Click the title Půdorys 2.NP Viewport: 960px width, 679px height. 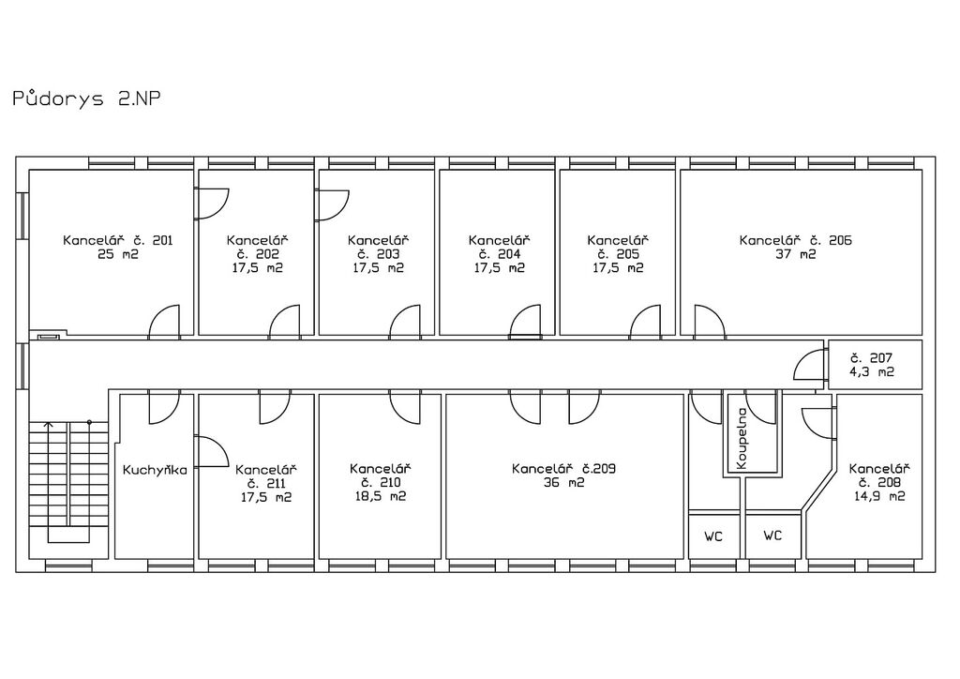click(x=86, y=98)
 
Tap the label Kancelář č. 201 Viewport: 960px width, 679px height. click(x=117, y=240)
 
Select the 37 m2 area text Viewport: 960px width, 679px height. click(x=795, y=254)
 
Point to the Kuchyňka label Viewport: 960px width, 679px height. click(x=155, y=470)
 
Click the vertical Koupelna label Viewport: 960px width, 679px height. click(x=742, y=439)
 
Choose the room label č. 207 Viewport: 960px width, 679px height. click(x=871, y=357)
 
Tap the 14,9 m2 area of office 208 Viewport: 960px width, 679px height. click(x=879, y=496)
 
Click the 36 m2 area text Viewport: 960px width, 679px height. click(x=563, y=482)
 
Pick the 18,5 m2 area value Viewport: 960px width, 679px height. click(x=381, y=496)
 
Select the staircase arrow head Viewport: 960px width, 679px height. click(x=49, y=424)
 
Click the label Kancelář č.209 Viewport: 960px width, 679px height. click(x=563, y=468)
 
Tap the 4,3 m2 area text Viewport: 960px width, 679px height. click(x=871, y=371)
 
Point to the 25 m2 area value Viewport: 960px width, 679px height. click(x=117, y=254)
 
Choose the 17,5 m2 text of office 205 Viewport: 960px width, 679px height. click(x=618, y=267)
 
